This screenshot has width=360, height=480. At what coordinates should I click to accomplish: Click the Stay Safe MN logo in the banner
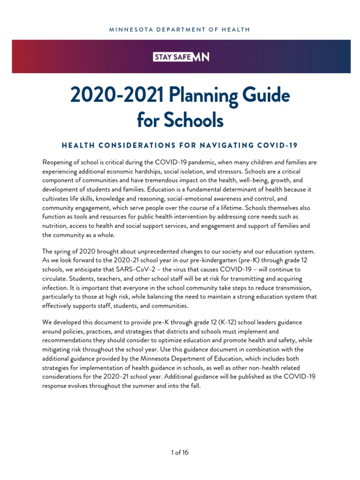click(x=181, y=57)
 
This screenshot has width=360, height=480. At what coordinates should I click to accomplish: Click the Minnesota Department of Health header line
click(x=180, y=30)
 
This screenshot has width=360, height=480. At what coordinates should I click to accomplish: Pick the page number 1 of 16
click(x=180, y=452)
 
